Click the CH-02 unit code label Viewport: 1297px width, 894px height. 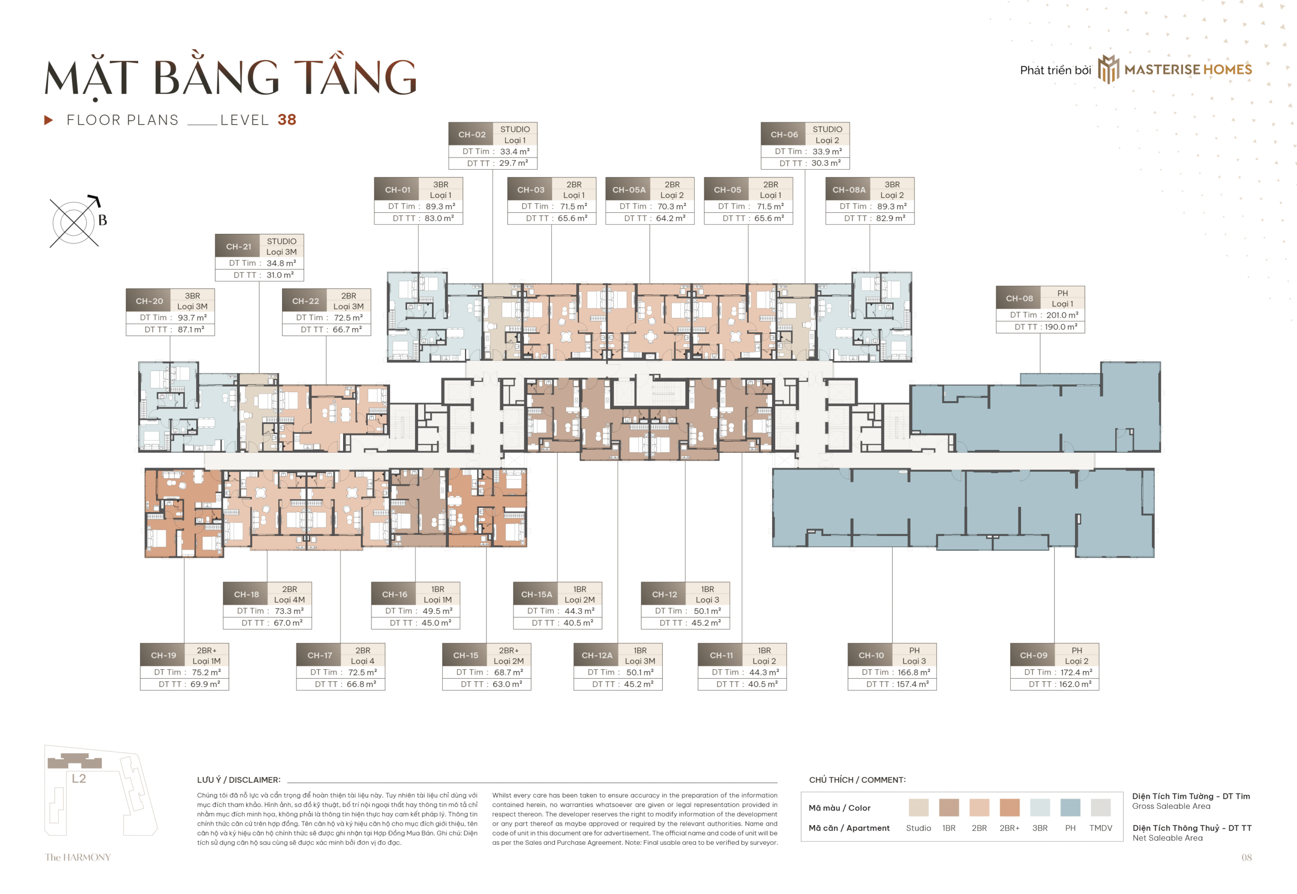click(471, 134)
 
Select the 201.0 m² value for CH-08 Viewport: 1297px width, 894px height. click(1062, 315)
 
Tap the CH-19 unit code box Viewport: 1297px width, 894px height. click(163, 655)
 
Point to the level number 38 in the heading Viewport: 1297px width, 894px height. click(286, 120)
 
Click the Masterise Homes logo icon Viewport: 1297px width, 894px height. click(1108, 69)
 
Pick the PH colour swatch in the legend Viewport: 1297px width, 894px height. click(1070, 807)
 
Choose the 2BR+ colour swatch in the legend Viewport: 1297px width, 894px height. click(1009, 807)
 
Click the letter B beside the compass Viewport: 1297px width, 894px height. click(102, 220)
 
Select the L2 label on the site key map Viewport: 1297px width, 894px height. click(79, 778)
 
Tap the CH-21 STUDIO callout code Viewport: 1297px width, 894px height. click(238, 247)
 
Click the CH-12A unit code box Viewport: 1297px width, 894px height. click(597, 655)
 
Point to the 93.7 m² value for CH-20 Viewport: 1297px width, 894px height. click(192, 318)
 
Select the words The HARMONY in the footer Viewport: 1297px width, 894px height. click(78, 857)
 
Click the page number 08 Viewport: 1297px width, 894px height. click(1246, 857)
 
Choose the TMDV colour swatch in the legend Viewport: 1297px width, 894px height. click(1100, 807)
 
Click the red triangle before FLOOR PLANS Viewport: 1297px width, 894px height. click(49, 120)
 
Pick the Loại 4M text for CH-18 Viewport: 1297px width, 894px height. click(289, 599)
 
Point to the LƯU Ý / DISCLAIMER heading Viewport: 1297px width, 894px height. click(238, 780)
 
